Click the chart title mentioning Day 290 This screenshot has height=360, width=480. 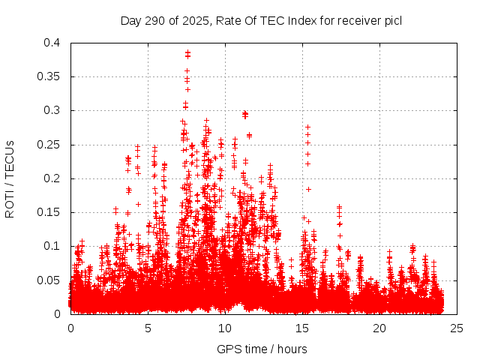pos(261,20)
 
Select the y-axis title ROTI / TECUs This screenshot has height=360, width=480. pos(10,178)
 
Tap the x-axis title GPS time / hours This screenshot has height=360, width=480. pos(262,349)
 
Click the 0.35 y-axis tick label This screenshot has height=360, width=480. pos(50,76)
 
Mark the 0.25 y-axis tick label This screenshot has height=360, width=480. pos(50,145)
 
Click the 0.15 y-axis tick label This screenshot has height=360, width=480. pos(50,212)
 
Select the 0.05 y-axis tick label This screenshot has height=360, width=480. pos(50,280)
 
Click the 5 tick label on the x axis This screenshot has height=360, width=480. pos(148,328)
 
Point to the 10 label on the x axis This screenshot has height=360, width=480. pos(225,328)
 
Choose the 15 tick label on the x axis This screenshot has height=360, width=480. pos(302,328)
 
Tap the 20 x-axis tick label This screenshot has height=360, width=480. pos(379,328)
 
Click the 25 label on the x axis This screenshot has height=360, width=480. pos(457,328)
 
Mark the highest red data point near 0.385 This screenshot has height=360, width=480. pos(187,52)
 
